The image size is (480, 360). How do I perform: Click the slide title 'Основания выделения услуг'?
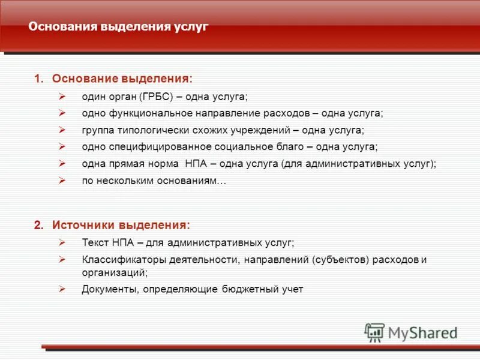(118, 27)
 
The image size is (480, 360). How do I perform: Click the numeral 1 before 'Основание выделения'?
(38, 79)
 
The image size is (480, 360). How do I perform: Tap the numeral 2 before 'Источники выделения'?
(38, 226)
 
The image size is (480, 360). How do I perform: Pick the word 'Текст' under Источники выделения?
(94, 242)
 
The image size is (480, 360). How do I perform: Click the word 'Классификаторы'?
(116, 260)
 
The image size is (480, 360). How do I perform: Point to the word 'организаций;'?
(115, 272)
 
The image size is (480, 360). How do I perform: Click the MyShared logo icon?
(374, 332)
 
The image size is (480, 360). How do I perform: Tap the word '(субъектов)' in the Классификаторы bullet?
(340, 260)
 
